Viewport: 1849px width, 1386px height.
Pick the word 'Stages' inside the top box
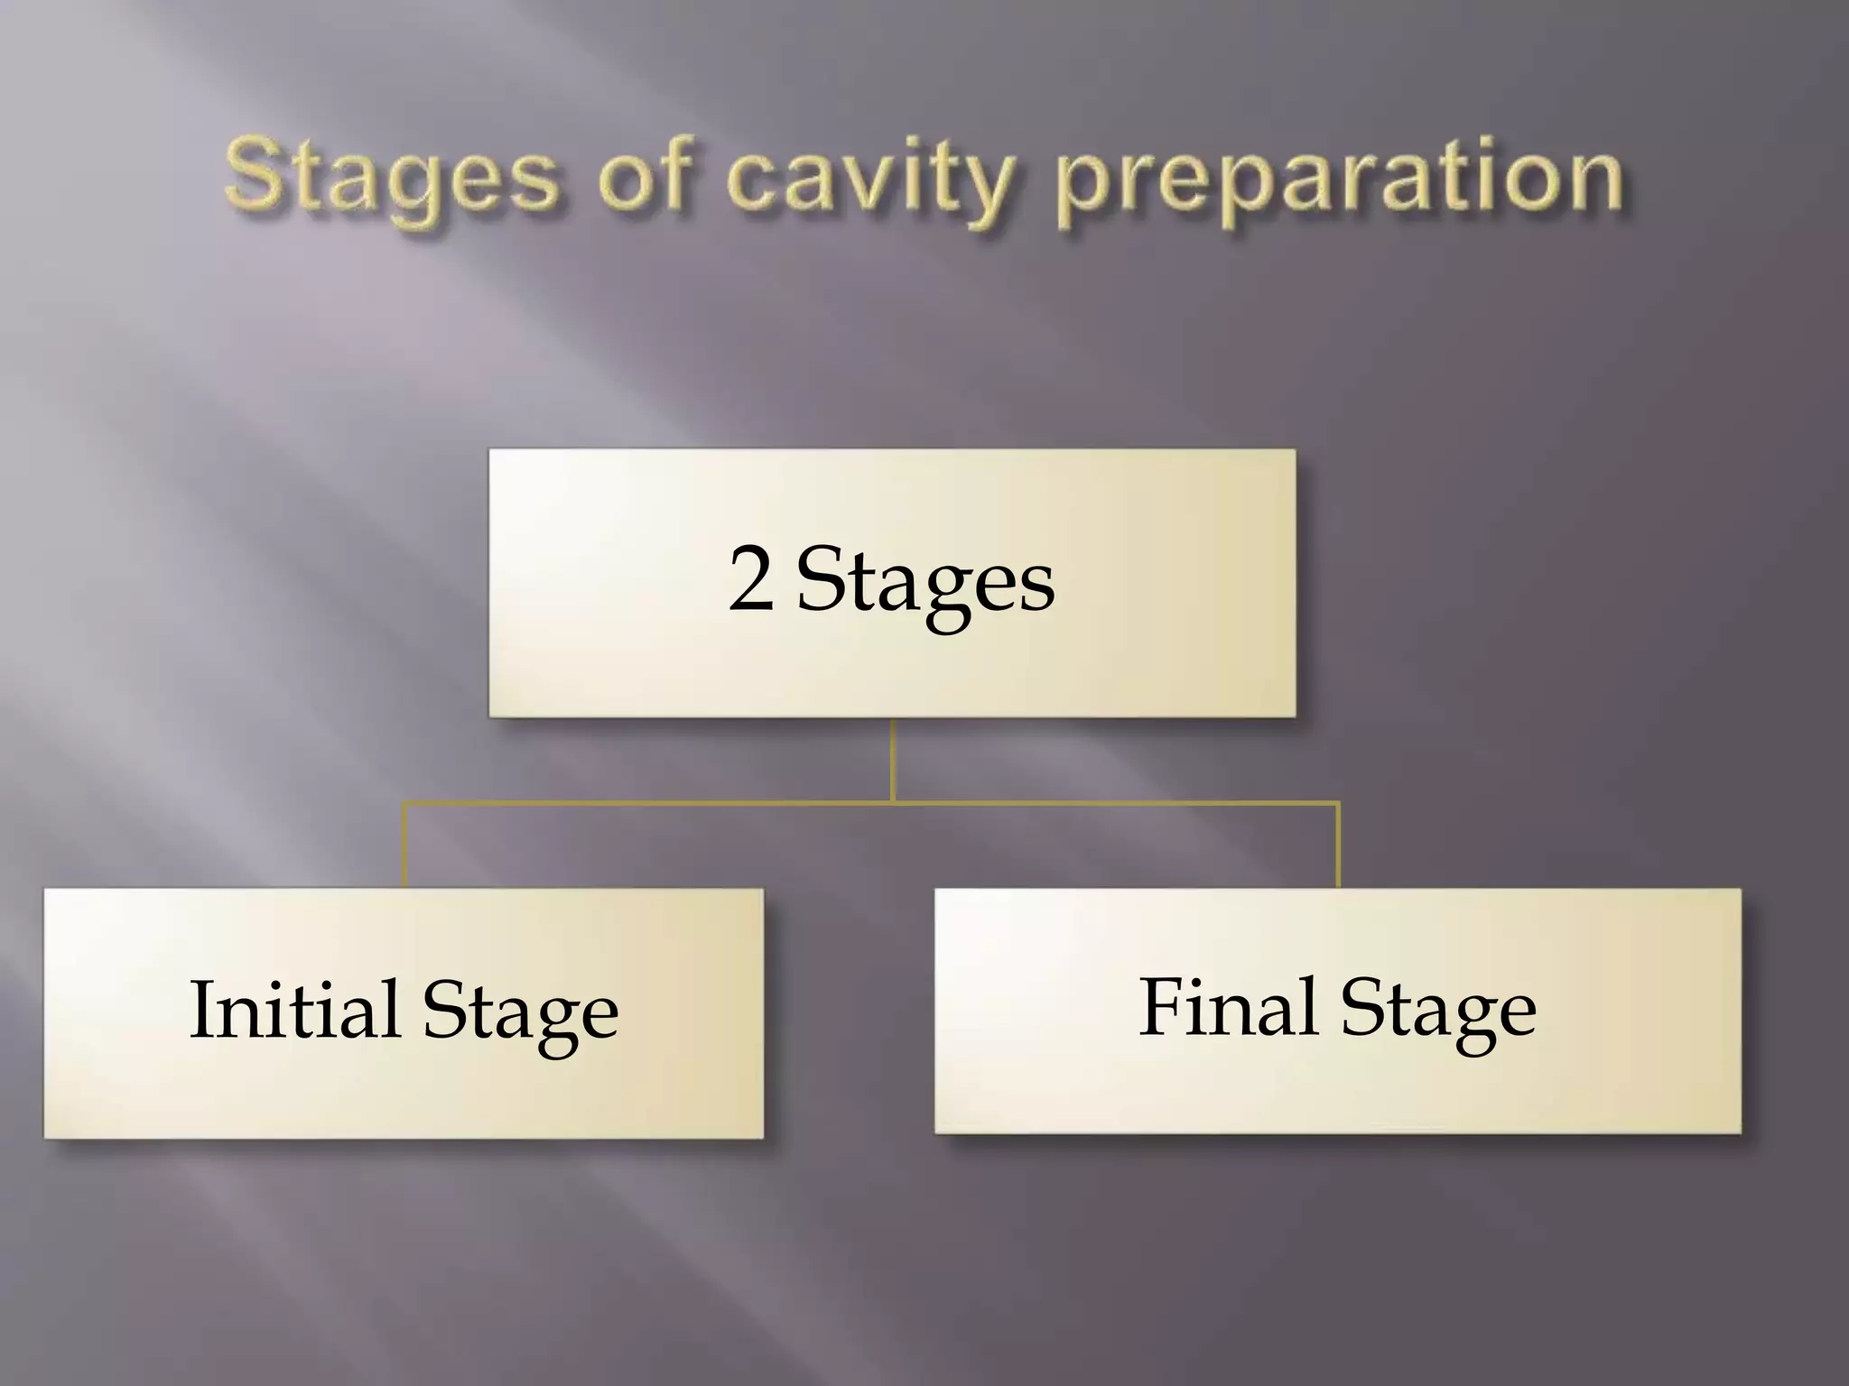click(x=925, y=585)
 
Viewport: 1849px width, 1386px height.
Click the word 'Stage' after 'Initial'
click(x=521, y=1012)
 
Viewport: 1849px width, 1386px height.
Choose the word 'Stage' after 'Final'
click(x=1438, y=1010)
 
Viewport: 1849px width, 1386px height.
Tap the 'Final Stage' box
click(x=1337, y=1092)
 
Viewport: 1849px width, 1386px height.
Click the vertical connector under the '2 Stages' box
click(x=892, y=758)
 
